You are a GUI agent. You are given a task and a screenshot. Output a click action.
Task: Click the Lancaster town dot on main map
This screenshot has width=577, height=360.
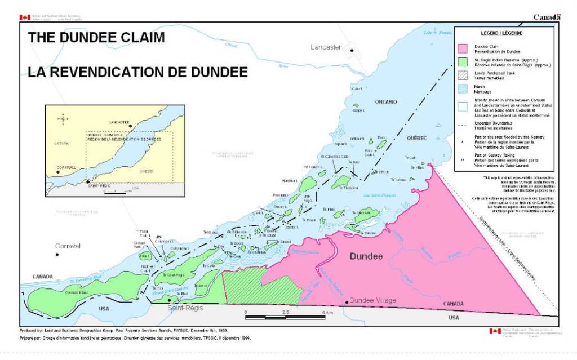pos(352,51)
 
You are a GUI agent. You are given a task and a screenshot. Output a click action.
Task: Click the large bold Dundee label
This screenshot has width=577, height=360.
pos(366,256)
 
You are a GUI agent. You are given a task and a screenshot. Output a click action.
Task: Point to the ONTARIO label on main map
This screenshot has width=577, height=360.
pos(386,101)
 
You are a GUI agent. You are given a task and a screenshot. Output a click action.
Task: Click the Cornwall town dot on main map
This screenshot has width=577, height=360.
pos(57,255)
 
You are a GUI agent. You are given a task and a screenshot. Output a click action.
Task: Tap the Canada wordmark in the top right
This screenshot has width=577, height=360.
pos(547,17)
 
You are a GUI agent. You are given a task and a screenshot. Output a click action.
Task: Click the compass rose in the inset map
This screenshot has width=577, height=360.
pos(63,118)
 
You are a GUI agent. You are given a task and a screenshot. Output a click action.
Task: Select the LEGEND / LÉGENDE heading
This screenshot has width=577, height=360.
pos(501,33)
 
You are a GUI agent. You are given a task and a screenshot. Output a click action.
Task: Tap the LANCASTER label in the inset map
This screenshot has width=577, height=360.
pos(119,122)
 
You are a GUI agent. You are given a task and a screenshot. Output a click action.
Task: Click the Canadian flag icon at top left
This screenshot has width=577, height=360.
pos(25,17)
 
